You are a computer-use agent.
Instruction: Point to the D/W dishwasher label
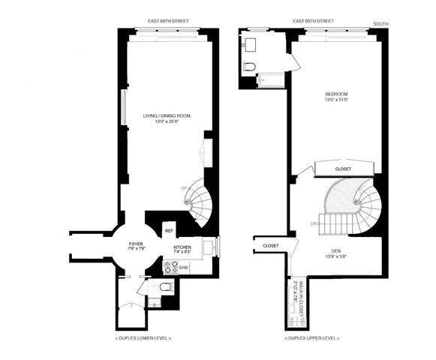point(184,266)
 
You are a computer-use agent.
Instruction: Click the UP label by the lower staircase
point(184,188)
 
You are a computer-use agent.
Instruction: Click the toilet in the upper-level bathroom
point(250,67)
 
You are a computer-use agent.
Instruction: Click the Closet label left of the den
point(271,245)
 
